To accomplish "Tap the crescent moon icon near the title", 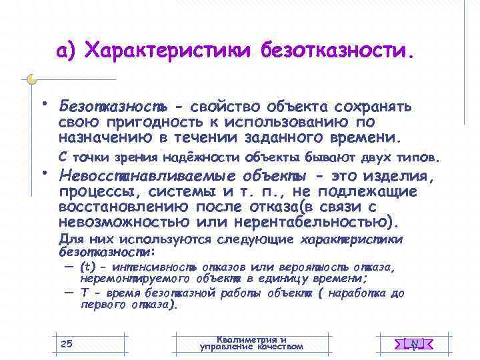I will [31, 79].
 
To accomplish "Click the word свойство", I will [225, 107].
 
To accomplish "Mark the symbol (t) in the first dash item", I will [88, 267].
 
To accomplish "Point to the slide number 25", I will [66, 343].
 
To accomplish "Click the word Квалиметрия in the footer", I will [251, 339].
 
